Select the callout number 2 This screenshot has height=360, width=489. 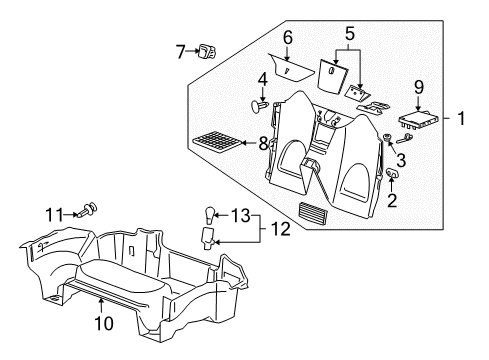tap(390, 201)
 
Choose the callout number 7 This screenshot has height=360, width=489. tap(180, 50)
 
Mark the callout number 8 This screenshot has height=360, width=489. tap(263, 143)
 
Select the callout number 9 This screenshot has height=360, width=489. tap(420, 88)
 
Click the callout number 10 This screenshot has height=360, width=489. tap(103, 324)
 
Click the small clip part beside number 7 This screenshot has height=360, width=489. tap(206, 50)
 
